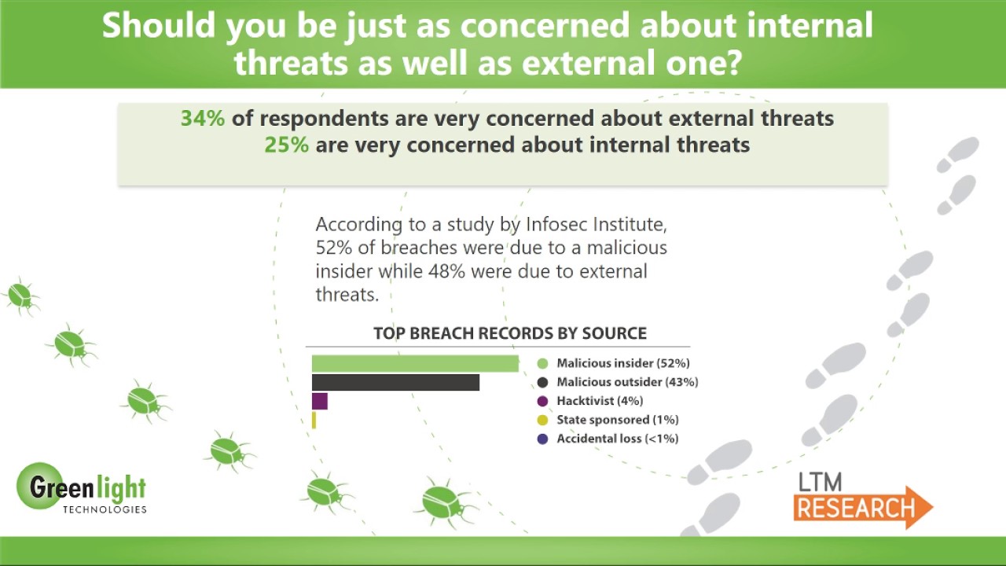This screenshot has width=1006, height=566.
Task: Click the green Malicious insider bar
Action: pos(415,363)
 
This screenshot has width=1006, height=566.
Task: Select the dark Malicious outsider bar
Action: pos(395,382)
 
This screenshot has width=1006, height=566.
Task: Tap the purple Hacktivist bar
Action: pos(319,401)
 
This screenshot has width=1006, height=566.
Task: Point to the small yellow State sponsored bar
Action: pos(314,421)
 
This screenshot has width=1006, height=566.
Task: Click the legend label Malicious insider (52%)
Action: pos(622,363)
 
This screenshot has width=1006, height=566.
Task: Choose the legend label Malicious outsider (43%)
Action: pos(627,382)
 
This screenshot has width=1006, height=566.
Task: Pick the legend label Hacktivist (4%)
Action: pos(600,401)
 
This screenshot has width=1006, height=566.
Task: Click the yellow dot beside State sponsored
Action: pos(542,421)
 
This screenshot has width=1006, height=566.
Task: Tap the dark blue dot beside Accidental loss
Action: pos(542,439)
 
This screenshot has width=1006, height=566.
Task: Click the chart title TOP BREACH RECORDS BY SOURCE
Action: pos(510,333)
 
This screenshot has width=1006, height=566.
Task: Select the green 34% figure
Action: pos(203,119)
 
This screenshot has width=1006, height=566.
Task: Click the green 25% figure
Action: pos(286,145)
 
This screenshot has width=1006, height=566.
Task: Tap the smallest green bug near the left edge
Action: pos(20,296)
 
